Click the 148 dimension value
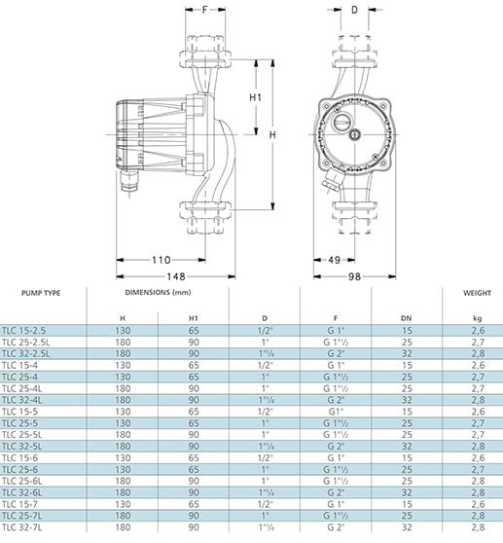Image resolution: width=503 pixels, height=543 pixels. (x=176, y=276)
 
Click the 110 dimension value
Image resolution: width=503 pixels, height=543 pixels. (x=162, y=260)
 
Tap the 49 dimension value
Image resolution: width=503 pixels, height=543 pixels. (x=334, y=260)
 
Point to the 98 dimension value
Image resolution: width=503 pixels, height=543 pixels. (x=354, y=276)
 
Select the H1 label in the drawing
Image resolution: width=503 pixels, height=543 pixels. (x=256, y=97)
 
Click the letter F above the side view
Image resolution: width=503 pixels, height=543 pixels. (x=205, y=10)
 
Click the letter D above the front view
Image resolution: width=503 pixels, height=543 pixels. (x=354, y=10)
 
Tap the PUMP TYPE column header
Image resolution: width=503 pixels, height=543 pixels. (x=41, y=293)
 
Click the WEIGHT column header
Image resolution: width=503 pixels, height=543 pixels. (x=477, y=293)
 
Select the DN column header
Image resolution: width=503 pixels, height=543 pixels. (x=407, y=318)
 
